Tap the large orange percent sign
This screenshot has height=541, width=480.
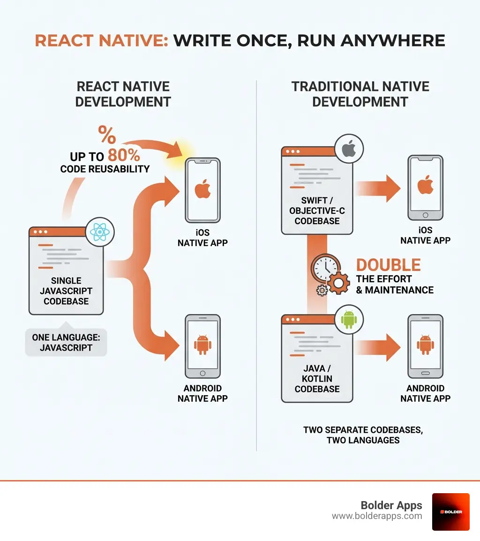(x=107, y=135)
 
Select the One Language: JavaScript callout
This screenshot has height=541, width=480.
(x=66, y=342)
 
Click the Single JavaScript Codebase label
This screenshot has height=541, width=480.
(x=66, y=291)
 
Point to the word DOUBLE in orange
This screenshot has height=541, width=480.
(x=388, y=265)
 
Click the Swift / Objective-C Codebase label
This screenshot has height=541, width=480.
(x=317, y=210)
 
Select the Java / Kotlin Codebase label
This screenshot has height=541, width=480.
(x=317, y=379)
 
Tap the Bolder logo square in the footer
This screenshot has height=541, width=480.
(x=450, y=511)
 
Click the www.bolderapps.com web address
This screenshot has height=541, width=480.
(x=377, y=516)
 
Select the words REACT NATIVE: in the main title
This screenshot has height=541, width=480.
(x=101, y=41)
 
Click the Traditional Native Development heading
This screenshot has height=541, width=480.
(x=360, y=94)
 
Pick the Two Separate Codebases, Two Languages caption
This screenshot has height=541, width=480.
(x=363, y=435)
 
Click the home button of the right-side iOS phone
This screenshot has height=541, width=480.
(x=425, y=215)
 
